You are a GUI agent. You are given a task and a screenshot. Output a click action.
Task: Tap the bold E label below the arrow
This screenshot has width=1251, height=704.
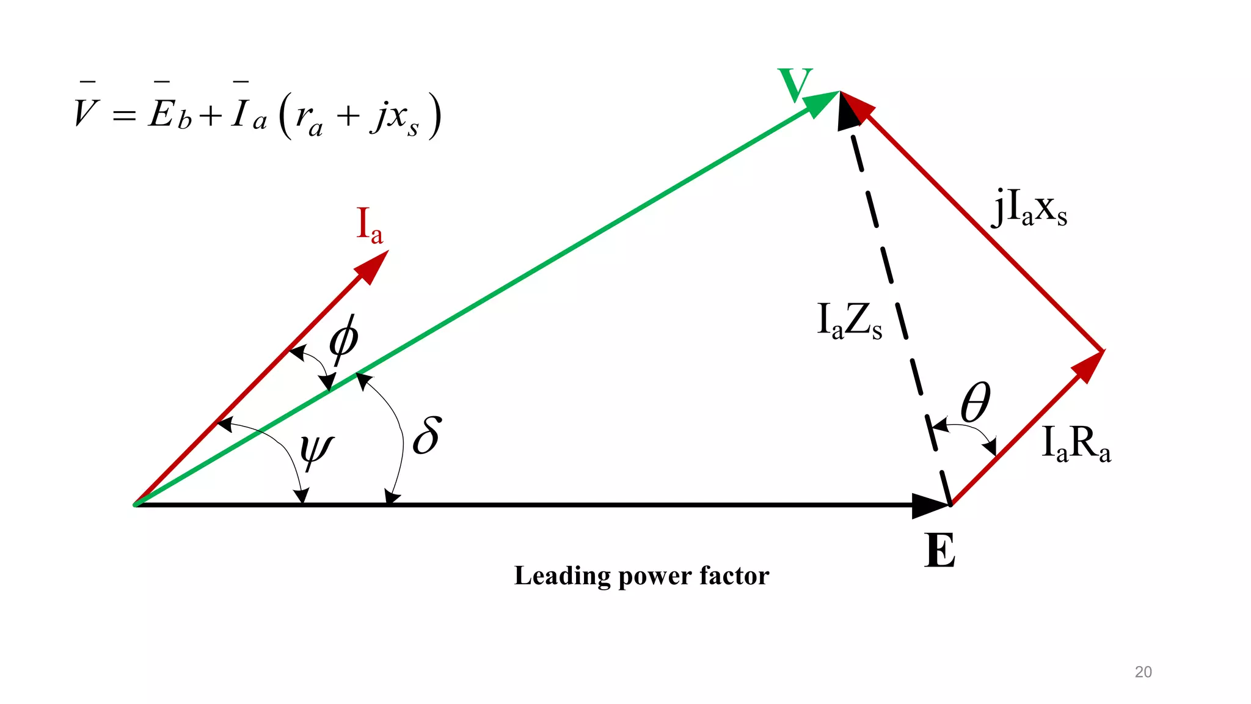point(939,551)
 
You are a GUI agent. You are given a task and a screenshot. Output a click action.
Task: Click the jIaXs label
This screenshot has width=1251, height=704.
point(1029,208)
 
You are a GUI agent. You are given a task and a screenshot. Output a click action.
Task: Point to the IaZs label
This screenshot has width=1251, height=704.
point(849,321)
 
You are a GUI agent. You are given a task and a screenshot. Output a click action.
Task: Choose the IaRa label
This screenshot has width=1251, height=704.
point(1076,443)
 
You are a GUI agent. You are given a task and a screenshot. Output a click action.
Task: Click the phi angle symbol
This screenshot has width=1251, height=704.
point(343,340)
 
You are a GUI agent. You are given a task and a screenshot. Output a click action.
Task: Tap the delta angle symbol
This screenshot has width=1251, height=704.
point(427,435)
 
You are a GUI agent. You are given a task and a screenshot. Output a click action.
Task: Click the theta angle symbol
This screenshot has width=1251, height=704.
point(976,403)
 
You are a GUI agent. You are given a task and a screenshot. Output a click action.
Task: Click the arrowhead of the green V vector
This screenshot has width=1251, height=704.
point(822,103)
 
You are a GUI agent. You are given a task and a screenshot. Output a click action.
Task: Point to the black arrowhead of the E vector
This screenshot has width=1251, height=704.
point(930,505)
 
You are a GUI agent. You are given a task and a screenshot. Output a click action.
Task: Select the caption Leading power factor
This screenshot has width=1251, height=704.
point(641,576)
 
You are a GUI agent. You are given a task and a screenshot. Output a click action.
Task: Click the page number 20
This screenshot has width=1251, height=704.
point(1143,672)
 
